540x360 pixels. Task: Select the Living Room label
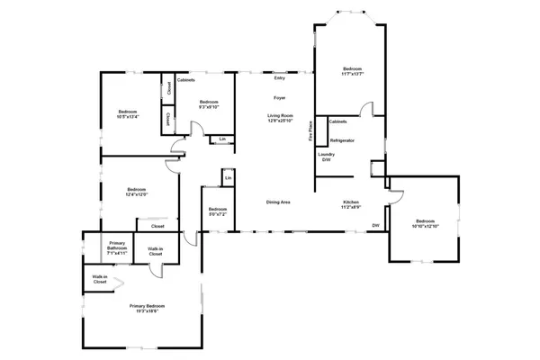point(280,118)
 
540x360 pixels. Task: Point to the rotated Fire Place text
point(310,131)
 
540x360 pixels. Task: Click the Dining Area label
point(277,202)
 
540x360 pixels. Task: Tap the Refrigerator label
point(342,141)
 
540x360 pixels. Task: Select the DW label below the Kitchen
point(375,225)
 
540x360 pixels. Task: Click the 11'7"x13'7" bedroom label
point(352,72)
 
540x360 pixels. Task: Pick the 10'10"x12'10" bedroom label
point(425,223)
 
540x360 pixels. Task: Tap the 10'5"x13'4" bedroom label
point(128,114)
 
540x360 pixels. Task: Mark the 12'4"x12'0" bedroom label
point(137,192)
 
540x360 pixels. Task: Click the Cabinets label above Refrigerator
point(338,121)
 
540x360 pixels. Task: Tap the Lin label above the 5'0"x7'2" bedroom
point(228,179)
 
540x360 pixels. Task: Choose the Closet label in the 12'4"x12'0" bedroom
point(157,226)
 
